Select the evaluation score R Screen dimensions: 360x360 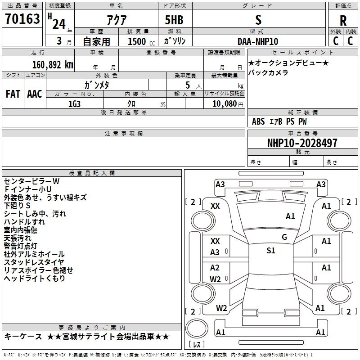343,20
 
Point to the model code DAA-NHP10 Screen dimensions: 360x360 258,41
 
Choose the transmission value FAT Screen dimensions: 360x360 13,94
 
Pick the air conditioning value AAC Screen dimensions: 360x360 34,94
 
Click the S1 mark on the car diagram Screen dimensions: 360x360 270,251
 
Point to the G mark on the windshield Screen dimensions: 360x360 284,237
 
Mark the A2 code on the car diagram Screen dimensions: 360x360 215,268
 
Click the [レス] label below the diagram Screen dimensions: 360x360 196,345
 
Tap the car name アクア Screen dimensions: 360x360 116,20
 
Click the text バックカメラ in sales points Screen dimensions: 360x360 268,72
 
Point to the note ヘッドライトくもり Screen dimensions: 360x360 35,279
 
